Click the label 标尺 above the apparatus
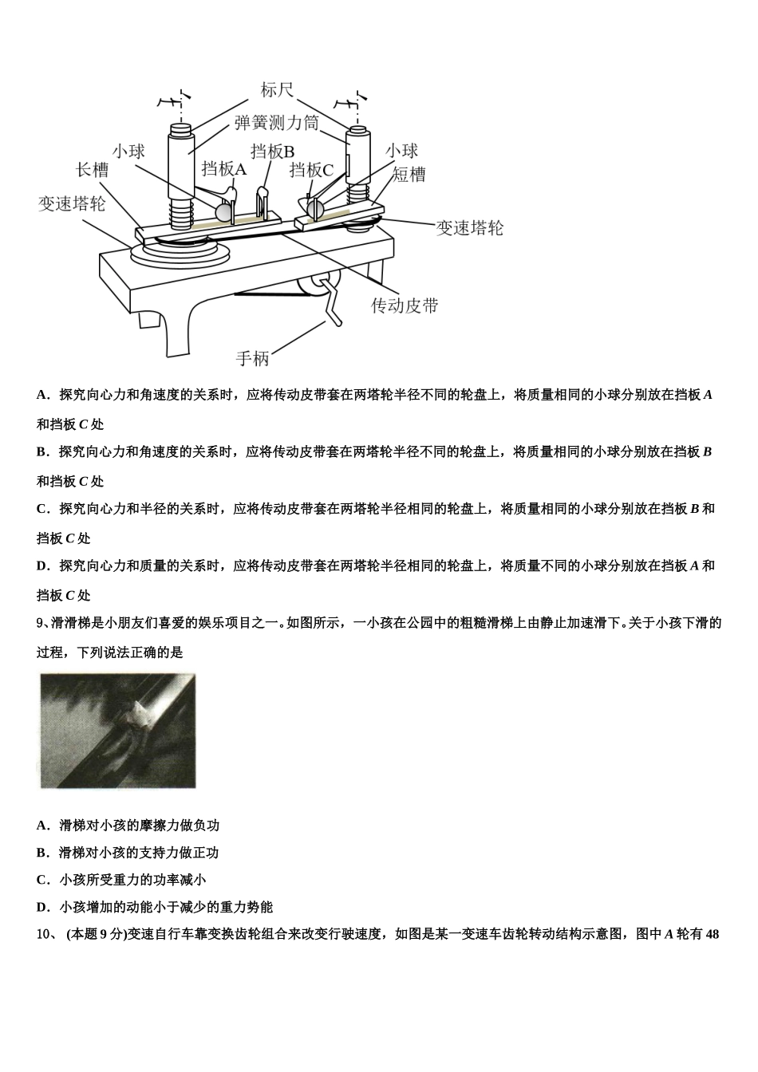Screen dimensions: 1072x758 tap(277, 90)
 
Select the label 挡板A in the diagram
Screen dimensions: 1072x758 tap(224, 169)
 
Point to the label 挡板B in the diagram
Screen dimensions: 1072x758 tap(273, 152)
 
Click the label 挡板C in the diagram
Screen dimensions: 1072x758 tap(311, 170)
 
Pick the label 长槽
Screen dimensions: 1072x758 tap(91, 170)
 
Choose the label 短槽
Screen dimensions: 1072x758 tap(409, 175)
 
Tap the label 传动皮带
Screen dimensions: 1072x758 tap(405, 305)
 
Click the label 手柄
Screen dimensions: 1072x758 tap(252, 358)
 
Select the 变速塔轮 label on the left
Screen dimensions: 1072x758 tap(72, 203)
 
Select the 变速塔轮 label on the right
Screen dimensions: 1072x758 tap(470, 228)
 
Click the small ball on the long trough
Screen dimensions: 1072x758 tap(223, 212)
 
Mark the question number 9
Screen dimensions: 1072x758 tap(42, 623)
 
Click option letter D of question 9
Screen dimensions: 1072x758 tap(42, 907)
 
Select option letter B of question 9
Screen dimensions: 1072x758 tap(42, 853)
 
